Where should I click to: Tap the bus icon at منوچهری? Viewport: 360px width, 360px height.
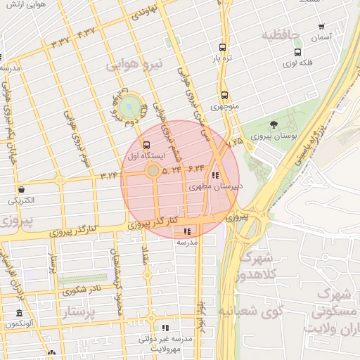225,95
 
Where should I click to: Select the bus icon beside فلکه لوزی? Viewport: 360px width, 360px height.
298,51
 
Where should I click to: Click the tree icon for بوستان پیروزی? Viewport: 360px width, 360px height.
274,124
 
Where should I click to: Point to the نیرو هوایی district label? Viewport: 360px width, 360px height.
134,65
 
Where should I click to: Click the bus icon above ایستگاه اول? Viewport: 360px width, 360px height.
146,145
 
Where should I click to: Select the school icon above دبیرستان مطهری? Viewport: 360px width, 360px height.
214,176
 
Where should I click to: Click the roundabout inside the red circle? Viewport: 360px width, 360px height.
153,170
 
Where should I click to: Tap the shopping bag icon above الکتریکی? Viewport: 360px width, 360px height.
22,189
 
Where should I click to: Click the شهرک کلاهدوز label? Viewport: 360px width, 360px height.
256,266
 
